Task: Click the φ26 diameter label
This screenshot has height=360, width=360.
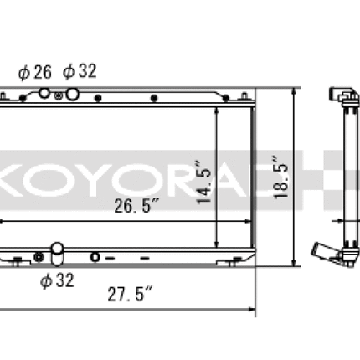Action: pos(35,72)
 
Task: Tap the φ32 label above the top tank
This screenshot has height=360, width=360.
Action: pos(80,71)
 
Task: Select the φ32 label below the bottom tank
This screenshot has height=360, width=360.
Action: pos(57,280)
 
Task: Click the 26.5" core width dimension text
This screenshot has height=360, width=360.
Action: pos(136,206)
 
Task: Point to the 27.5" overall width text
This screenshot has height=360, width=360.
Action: pos(130,294)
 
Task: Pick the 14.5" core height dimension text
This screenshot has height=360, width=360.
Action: pos(204,182)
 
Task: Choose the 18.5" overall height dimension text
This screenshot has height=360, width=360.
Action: pos(281,177)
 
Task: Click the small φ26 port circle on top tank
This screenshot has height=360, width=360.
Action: pos(44,93)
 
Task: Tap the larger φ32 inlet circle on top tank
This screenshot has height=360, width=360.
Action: pos(72,95)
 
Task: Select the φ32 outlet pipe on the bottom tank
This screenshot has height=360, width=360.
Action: pos(58,254)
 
